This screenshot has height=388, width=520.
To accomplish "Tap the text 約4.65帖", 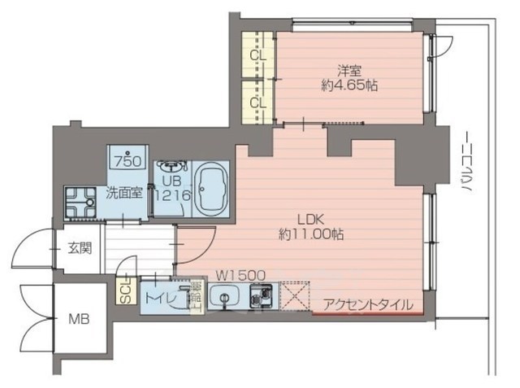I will tap(350, 85).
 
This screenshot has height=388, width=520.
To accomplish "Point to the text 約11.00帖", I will tap(310, 234).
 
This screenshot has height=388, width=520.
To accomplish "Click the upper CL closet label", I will tap(258, 55).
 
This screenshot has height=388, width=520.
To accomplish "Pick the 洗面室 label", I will tap(125, 193).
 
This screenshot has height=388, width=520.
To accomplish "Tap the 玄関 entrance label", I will tap(79, 247).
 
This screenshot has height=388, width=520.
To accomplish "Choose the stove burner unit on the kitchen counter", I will tap(262, 299).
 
